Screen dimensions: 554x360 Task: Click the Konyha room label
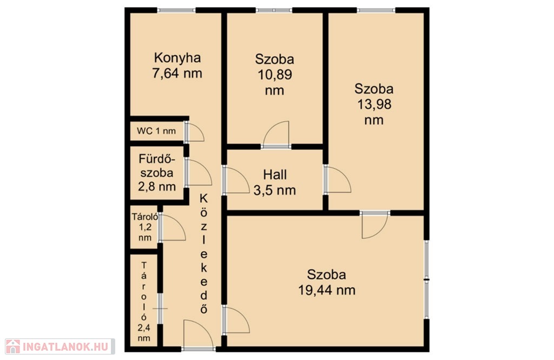tap(177, 66)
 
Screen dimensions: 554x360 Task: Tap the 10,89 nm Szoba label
tap(274, 75)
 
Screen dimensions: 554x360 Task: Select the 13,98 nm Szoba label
tap(374, 104)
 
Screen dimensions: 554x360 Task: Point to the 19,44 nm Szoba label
tap(327, 282)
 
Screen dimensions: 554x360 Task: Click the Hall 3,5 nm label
tap(274, 182)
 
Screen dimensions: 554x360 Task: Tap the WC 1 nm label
tap(156, 131)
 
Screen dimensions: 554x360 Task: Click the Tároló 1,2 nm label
tap(145, 227)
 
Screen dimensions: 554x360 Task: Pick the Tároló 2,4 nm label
tap(144, 302)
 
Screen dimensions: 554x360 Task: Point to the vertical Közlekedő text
tap(204, 253)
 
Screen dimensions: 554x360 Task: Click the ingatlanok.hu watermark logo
tap(60, 346)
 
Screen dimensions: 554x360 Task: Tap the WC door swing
tap(194, 132)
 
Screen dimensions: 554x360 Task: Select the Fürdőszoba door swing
tap(198, 172)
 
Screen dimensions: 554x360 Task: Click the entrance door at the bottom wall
tap(199, 335)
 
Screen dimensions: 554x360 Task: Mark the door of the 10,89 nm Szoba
tap(276, 134)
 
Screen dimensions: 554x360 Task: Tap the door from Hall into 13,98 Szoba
tap(338, 179)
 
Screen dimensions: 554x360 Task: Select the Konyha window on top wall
tap(176, 10)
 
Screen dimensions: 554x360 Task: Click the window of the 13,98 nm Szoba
tap(376, 10)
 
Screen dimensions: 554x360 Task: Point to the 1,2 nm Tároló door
tap(172, 227)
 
